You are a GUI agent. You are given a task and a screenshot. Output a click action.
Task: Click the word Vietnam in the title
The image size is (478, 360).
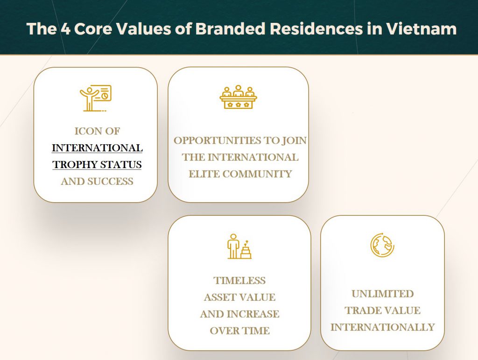click(x=422, y=28)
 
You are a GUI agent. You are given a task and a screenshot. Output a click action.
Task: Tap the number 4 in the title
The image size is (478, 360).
click(x=65, y=29)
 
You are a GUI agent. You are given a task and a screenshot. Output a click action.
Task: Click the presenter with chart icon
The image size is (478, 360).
click(x=96, y=98)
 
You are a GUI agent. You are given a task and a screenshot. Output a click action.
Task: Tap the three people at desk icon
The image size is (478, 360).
click(x=239, y=97)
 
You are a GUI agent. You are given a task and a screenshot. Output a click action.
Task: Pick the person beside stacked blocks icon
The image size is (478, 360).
click(x=239, y=246)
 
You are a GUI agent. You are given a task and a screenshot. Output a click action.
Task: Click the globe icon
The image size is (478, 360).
click(x=382, y=245)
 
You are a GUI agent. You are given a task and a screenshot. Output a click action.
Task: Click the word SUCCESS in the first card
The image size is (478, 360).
click(x=111, y=181)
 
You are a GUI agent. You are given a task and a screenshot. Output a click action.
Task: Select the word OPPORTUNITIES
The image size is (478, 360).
click(x=218, y=141)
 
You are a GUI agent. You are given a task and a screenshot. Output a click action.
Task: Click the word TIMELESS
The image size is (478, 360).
click(x=239, y=281)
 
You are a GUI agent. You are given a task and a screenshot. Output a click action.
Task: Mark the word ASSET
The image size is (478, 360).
click(x=219, y=297)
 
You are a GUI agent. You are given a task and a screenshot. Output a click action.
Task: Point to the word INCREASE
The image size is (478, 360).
click(x=253, y=314)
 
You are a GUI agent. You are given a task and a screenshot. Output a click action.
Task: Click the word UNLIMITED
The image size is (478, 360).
click(x=383, y=294)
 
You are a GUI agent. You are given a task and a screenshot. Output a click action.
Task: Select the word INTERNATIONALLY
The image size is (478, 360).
click(x=383, y=327)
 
